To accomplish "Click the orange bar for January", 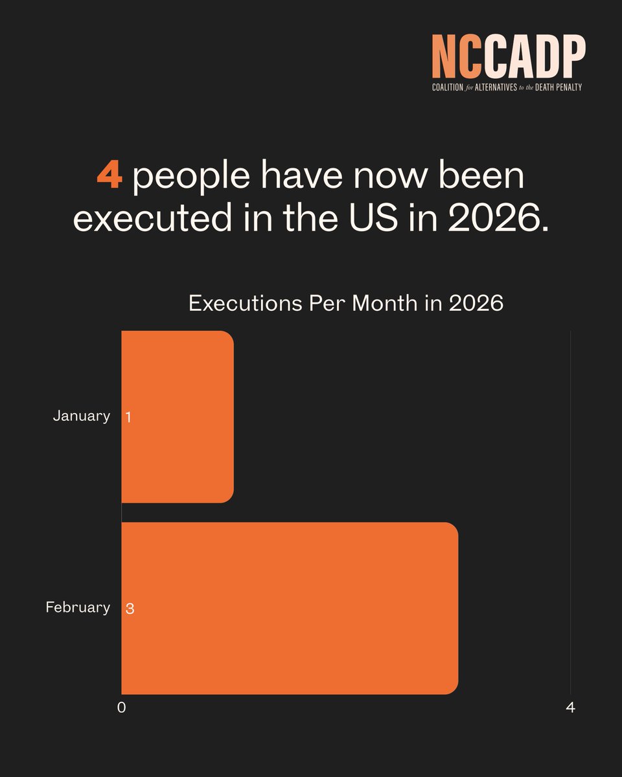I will click(177, 416).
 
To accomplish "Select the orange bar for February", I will click(290, 608).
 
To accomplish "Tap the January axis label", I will click(81, 416).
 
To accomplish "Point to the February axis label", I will click(78, 607).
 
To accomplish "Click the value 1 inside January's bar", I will click(128, 417).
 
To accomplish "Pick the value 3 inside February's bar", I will click(129, 609).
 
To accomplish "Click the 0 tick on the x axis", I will click(121, 708).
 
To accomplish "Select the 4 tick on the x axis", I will click(570, 708).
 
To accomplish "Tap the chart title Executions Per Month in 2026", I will click(345, 303).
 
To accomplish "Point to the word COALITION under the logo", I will click(448, 87).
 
